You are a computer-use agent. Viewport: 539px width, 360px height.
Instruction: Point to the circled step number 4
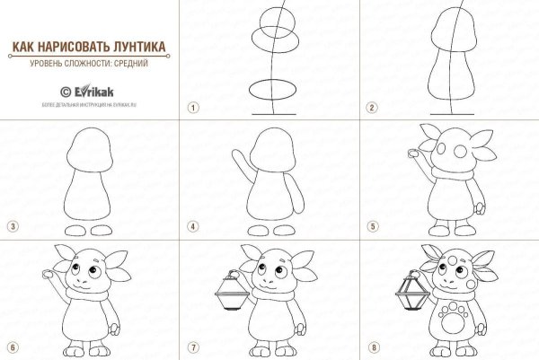point(192,226)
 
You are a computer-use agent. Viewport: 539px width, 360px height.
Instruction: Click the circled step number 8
point(370,347)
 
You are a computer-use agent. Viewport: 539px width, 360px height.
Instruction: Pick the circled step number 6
point(13,347)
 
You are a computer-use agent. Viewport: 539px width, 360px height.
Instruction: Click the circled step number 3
point(13,226)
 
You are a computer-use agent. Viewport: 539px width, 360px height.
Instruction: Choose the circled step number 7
point(192,347)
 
